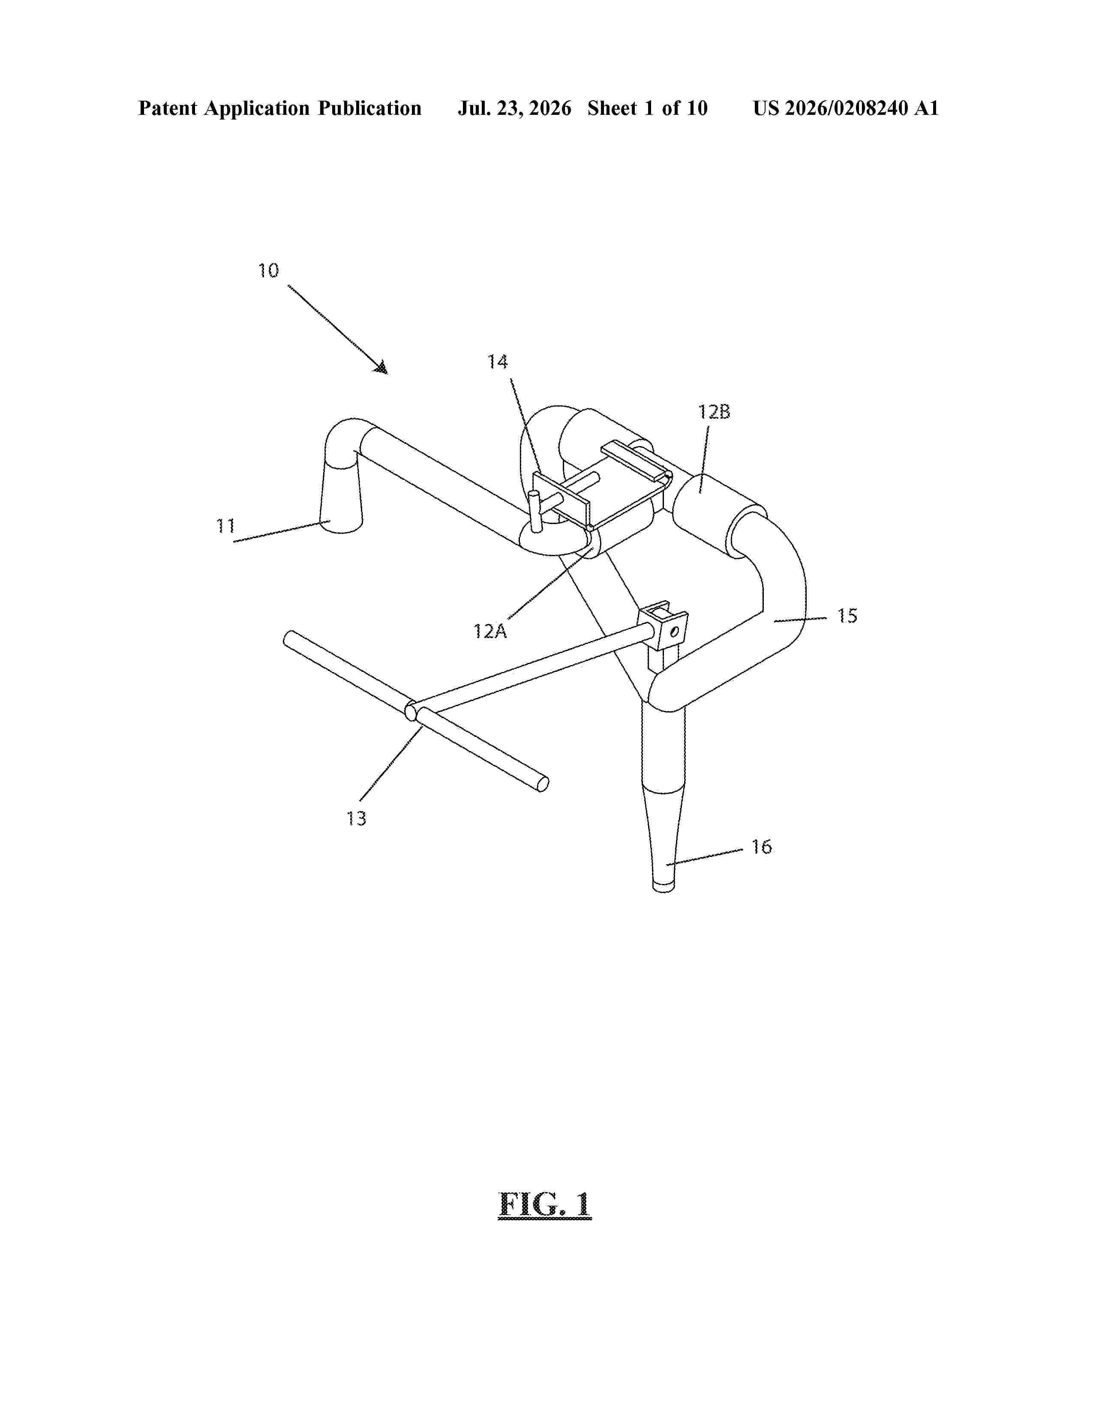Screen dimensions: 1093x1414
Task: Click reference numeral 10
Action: pos(269,271)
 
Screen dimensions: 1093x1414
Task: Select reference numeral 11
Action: pos(225,526)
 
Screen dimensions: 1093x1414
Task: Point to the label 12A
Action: pos(490,631)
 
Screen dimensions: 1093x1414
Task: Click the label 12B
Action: pos(714,412)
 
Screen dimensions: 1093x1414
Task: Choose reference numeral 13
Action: pos(356,818)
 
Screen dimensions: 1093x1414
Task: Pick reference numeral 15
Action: pos(847,616)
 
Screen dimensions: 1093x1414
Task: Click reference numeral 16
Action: pos(762,847)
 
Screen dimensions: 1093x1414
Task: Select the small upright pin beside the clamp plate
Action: pos(535,512)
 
